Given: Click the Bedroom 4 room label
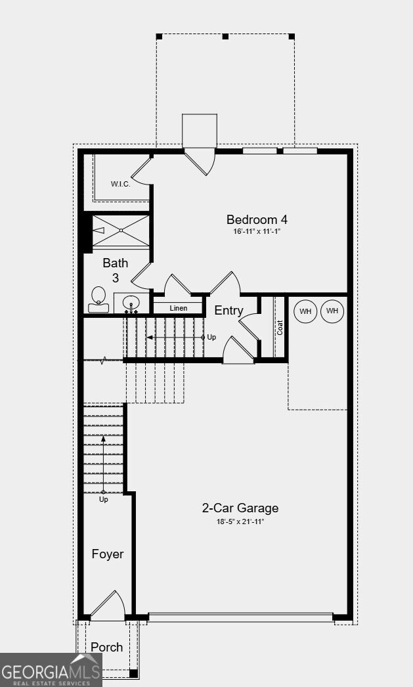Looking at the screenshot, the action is (x=257, y=219).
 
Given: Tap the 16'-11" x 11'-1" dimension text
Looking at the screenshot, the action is (x=257, y=231).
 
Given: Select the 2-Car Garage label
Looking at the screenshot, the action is (x=240, y=508).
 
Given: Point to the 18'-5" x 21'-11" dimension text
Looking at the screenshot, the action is (x=240, y=521).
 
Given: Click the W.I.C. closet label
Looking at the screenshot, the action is (x=120, y=185).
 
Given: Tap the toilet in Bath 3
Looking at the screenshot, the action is (x=98, y=299).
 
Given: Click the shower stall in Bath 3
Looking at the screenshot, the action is (x=121, y=231).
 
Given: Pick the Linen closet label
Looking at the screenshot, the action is (x=178, y=308).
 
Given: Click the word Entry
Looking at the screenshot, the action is (x=228, y=311).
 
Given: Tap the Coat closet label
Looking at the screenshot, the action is (x=280, y=328).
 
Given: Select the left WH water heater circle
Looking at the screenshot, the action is (x=305, y=311).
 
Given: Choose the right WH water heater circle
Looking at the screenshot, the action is (x=332, y=311).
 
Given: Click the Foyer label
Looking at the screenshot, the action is (x=108, y=554).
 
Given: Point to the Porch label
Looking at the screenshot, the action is (x=107, y=647).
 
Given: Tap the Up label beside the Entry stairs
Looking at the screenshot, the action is (x=211, y=338).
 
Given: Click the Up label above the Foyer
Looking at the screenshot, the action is (x=103, y=499).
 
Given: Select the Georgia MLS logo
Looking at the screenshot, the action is (x=51, y=670).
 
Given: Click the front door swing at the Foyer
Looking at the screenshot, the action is (x=108, y=605).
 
